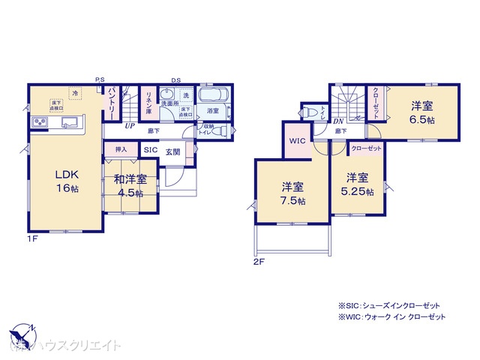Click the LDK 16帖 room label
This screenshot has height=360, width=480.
click(64, 181)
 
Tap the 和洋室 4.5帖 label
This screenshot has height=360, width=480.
click(135, 184)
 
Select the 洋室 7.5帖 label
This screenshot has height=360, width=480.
click(292, 193)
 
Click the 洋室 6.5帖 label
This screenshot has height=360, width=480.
click(421, 113)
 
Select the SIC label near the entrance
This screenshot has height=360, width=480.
click(149, 150)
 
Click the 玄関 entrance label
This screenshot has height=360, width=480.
click(172, 150)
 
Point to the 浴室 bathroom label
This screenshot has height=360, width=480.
click(212, 111)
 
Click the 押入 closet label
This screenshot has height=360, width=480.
click(121, 150)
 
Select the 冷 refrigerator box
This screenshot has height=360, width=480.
click(74, 94)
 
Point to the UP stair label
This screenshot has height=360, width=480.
click(130, 126)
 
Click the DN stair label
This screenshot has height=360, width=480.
click(338, 121)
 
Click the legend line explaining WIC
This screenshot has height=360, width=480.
click(391, 317)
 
